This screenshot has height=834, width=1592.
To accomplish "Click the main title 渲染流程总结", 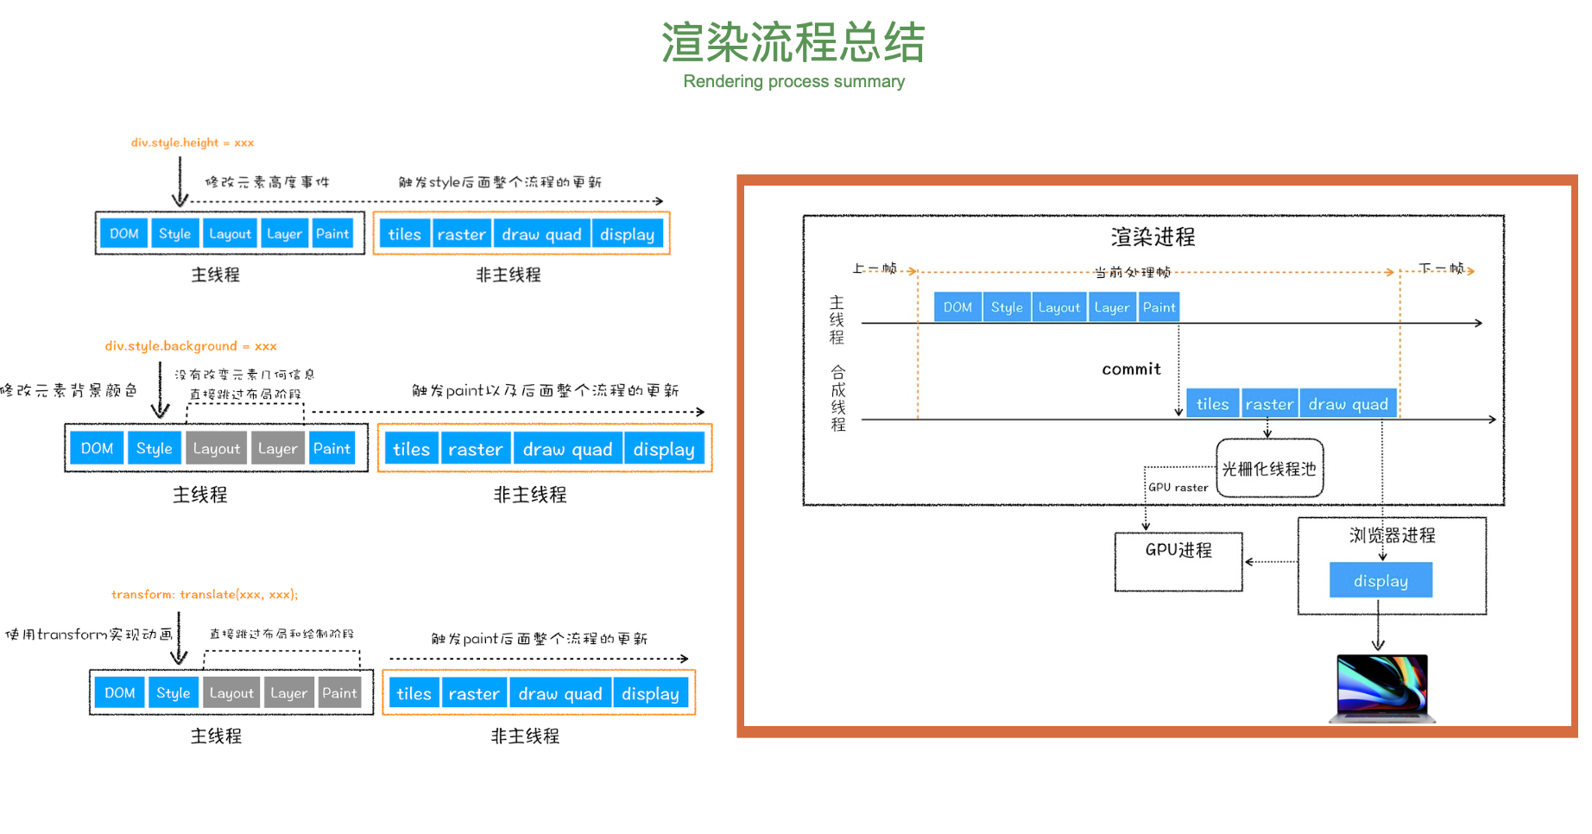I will point(793,43).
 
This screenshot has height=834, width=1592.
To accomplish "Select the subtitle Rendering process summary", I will point(793,82).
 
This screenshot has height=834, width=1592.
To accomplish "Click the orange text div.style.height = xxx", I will point(193,142).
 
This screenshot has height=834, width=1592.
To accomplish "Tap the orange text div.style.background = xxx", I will point(191,346).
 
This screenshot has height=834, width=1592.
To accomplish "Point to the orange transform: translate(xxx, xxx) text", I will point(205,595).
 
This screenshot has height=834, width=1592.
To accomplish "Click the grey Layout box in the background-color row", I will point(217,449).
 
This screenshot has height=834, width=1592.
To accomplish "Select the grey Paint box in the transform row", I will point(339,693).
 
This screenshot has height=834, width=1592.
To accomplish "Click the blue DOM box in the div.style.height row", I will point(124,234).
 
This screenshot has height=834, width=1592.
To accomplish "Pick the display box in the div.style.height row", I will point(627,235).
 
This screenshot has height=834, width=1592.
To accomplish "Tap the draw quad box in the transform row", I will point(560,694).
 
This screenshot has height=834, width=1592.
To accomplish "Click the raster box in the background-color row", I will point(475,450).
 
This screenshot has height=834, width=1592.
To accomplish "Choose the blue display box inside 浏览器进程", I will point(1380,581).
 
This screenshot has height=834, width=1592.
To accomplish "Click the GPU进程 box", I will point(1178,562).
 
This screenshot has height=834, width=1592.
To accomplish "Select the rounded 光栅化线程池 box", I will point(1269,469).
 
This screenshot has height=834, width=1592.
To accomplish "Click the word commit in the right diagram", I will point(1131,370).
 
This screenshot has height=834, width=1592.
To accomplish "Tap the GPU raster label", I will point(1178,488).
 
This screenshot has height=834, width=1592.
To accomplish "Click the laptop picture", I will point(1381,688).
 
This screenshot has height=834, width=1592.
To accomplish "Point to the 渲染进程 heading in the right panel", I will point(1153,237).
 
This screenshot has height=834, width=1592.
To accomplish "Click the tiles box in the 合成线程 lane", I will point(1212,404).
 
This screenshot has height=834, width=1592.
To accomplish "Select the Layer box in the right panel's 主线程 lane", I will point(1111,307).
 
